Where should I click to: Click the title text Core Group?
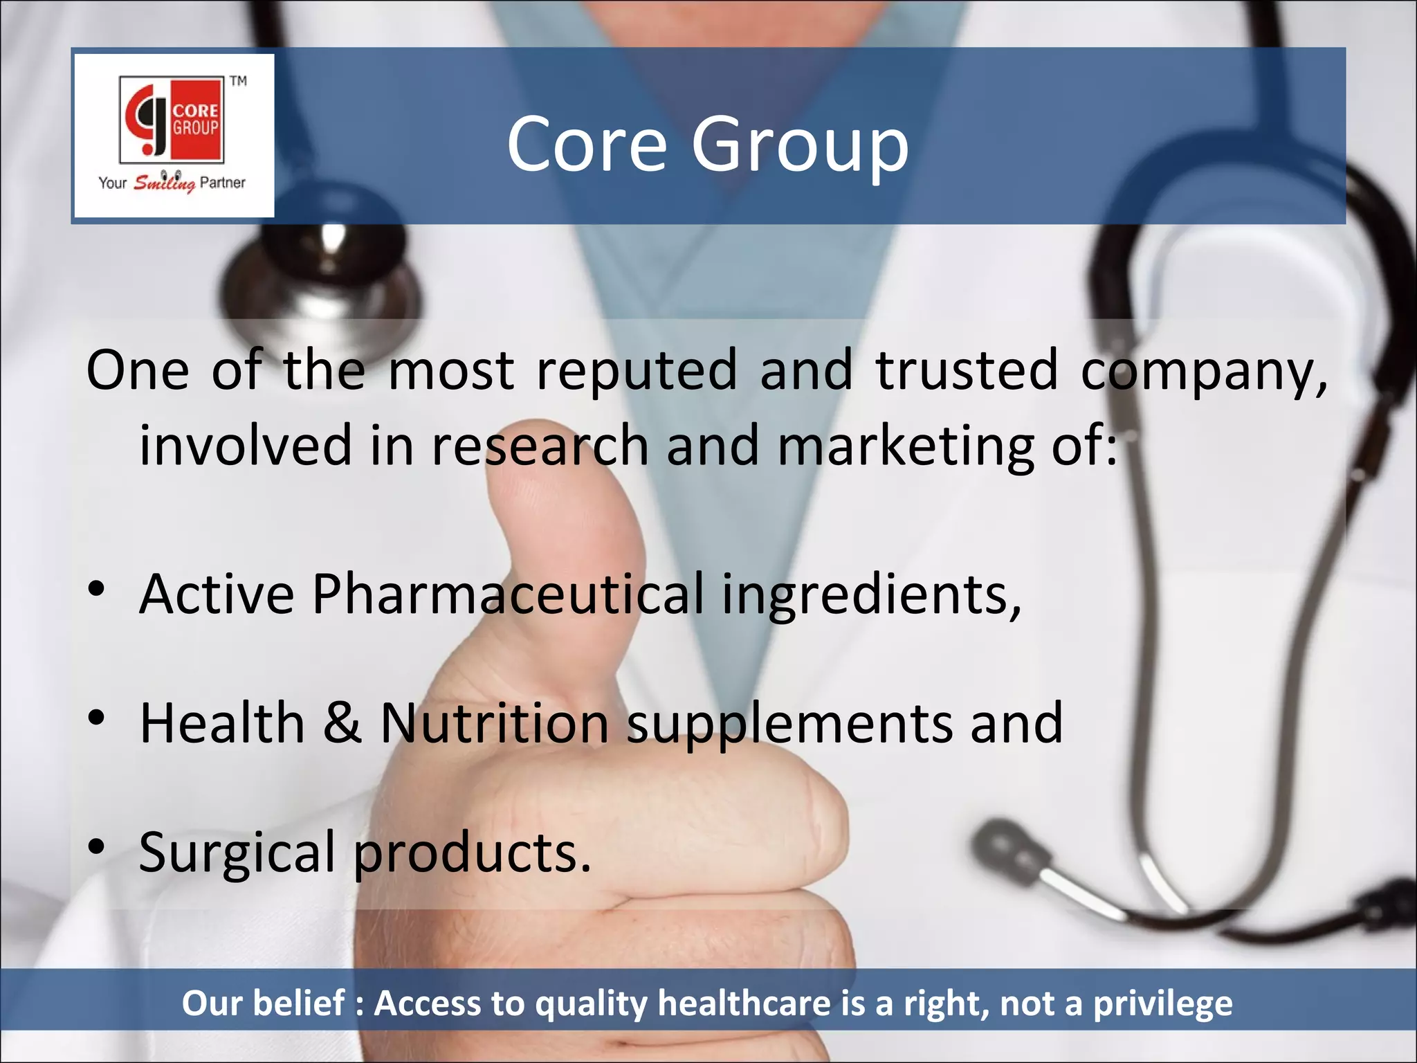point(707,144)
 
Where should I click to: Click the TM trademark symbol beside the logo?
point(238,81)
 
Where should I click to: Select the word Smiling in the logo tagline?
point(164,183)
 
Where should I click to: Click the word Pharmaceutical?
point(508,594)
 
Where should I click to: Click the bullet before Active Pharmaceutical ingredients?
point(97,590)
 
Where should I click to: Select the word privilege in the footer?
point(1162,1003)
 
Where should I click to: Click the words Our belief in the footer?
point(263,1003)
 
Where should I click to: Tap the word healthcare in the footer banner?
point(744,1003)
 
